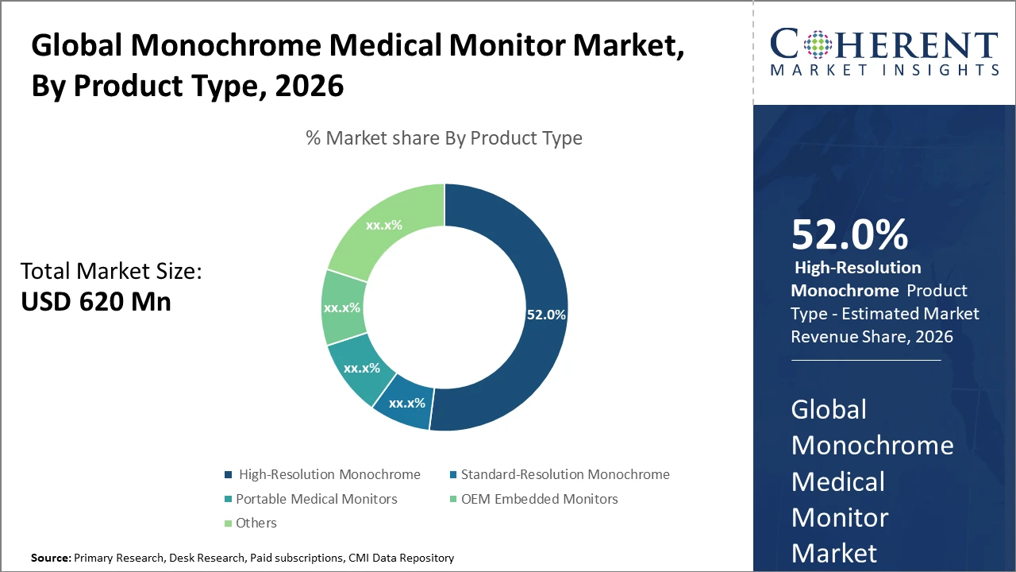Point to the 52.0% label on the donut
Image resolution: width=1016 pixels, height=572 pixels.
pyautogui.click(x=546, y=315)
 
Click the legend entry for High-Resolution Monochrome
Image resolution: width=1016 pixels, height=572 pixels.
pyautogui.click(x=329, y=474)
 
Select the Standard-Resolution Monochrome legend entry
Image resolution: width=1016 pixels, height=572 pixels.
pyautogui.click(x=564, y=474)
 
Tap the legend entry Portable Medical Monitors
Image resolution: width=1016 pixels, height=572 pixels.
pyautogui.click(x=316, y=499)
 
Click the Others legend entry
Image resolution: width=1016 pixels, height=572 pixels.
pyautogui.click(x=256, y=523)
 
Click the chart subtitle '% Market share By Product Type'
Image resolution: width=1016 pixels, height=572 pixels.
pyautogui.click(x=444, y=138)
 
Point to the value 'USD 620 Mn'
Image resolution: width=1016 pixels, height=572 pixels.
pyautogui.click(x=95, y=301)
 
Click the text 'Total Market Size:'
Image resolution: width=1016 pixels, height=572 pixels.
pyautogui.click(x=111, y=272)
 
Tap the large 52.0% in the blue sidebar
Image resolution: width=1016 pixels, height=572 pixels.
pyautogui.click(x=849, y=235)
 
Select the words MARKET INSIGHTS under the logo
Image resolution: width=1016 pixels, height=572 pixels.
pyautogui.click(x=883, y=70)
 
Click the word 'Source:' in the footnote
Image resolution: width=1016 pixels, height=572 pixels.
pyautogui.click(x=51, y=558)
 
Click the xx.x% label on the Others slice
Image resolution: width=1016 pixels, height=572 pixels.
pyautogui.click(x=384, y=225)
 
